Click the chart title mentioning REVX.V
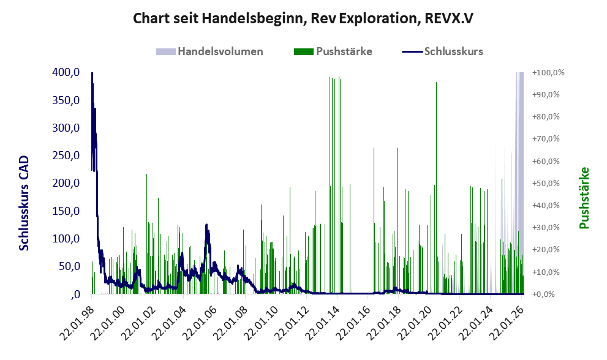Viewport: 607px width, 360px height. coord(303,18)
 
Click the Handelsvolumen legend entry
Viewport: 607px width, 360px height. coord(209,51)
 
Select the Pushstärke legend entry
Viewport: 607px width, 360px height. coord(333,51)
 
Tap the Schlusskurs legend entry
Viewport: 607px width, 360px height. coord(442,51)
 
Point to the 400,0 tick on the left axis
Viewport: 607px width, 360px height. coord(66,72)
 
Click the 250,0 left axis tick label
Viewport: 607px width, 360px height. coord(66,156)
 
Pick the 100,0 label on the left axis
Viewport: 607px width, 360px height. coord(66,238)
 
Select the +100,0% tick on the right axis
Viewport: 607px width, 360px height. coord(548,72)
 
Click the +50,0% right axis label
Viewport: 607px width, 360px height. coord(546,183)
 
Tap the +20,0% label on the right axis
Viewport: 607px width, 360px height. coord(546,250)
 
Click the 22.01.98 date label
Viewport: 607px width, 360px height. coord(77,323)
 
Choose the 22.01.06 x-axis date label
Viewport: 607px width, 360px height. coord(200,323)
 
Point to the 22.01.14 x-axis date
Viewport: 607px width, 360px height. coord(323,323)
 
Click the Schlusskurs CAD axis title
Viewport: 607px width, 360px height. coord(24,203)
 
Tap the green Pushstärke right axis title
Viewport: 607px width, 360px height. coord(584,198)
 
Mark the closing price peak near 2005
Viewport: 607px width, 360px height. coord(206,225)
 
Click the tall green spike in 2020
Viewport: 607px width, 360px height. coord(436,83)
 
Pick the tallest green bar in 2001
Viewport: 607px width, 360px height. coord(147,174)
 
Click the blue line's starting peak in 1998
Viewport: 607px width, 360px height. coord(92,73)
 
